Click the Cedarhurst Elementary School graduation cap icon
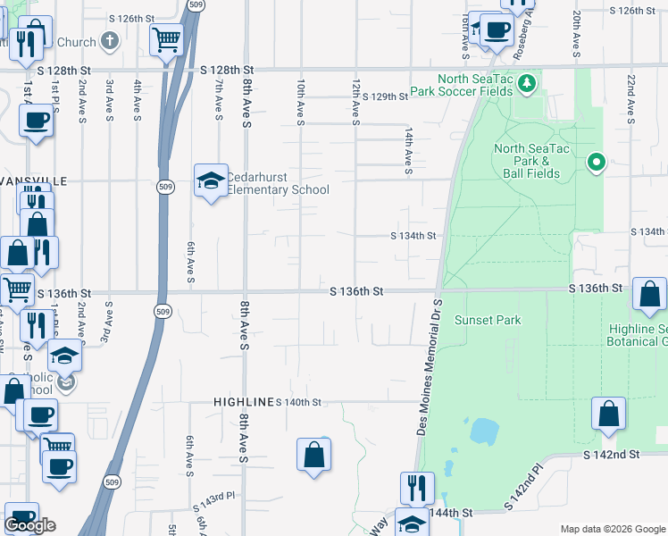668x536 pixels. point(210,181)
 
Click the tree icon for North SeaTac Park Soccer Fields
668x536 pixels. point(527,84)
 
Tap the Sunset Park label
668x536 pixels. point(488,320)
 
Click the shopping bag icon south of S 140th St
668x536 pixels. point(314,455)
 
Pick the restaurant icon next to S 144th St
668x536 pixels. point(416,488)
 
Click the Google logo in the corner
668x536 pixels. point(29,525)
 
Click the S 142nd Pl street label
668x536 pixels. point(523,487)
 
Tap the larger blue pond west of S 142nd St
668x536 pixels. point(483,432)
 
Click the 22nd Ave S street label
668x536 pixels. point(630,98)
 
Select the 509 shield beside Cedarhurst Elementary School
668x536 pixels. point(166,187)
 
